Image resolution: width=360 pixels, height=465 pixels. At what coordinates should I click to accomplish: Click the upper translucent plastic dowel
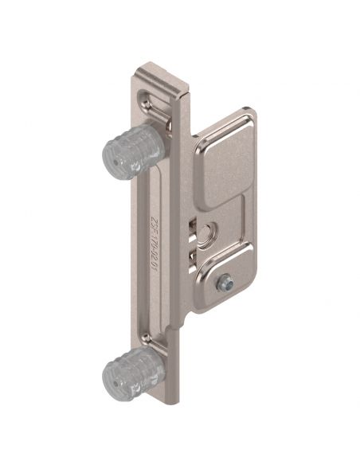[x=132, y=154]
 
